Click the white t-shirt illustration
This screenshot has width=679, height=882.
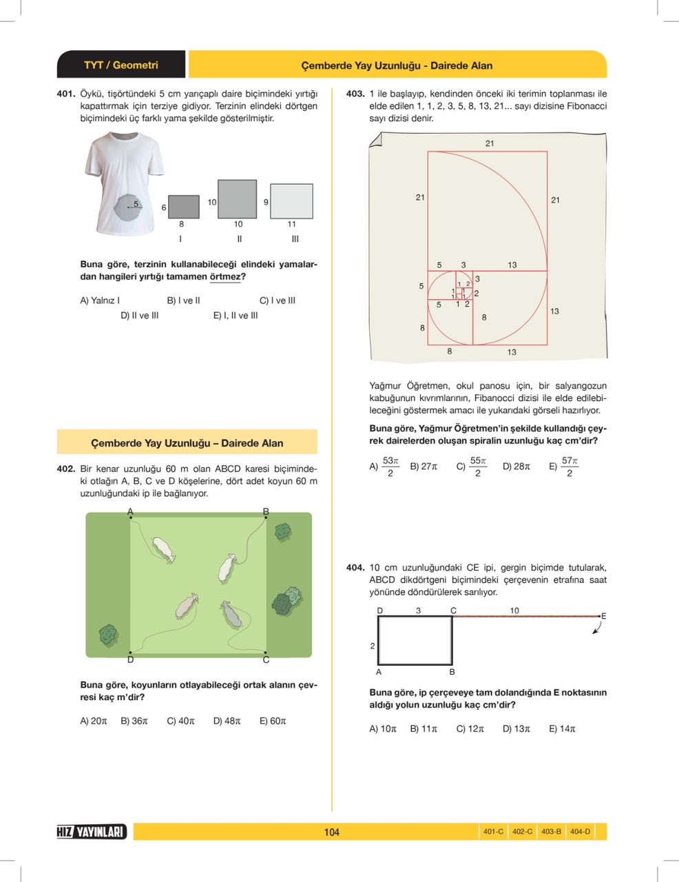124,183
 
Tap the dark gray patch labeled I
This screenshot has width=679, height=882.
184,206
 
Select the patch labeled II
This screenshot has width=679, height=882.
238,199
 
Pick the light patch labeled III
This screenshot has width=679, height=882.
291,201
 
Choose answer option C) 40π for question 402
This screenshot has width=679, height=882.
181,721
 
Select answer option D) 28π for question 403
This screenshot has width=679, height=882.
516,466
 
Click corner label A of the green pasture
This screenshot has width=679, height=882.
130,511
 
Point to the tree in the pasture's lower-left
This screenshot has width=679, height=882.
108,635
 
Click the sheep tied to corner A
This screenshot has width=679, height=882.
163,549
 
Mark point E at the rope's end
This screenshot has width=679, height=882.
603,616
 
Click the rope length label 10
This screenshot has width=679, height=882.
514,611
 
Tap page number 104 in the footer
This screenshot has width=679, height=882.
332,832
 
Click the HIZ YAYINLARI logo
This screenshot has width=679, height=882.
92,832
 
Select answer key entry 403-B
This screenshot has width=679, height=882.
551,832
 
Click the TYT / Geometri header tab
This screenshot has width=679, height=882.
121,65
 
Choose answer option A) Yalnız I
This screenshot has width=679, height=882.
100,300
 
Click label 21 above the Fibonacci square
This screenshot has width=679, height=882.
489,143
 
